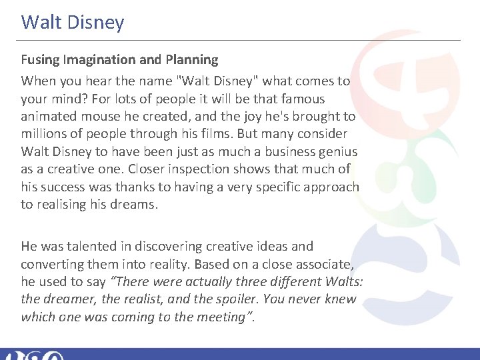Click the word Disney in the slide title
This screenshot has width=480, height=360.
point(96,23)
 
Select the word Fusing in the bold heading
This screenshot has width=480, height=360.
point(40,60)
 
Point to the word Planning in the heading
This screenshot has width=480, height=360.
point(190,60)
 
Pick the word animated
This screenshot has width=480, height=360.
point(47,116)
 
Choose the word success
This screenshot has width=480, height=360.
point(63,187)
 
